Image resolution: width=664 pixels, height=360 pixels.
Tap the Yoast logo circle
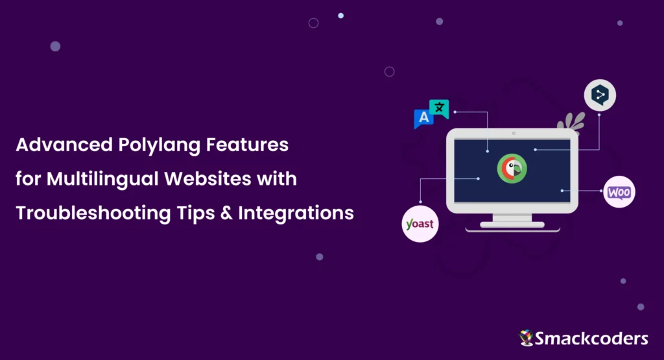(420, 224)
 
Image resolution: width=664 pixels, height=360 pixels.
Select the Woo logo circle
(619, 191)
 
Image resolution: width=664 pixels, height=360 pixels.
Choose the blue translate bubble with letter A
(424, 118)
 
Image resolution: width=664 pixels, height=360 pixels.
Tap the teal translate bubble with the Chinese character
(440, 108)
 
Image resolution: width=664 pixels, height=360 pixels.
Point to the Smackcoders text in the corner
(591, 338)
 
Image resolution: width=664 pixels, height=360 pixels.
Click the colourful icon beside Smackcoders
(526, 337)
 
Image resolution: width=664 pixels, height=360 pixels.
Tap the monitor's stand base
(512, 225)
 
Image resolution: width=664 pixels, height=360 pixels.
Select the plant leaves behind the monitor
(571, 121)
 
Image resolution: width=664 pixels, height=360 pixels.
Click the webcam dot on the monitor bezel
(512, 134)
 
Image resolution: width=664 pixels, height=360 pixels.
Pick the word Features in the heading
(247, 145)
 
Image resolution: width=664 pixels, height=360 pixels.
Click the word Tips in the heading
(196, 213)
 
